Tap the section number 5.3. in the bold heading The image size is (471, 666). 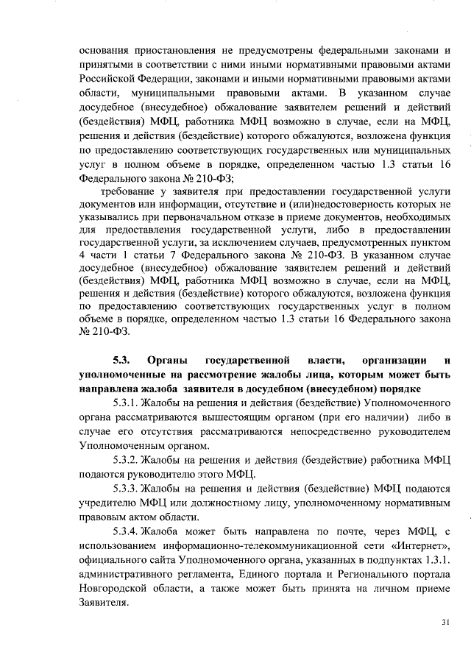click(x=121, y=360)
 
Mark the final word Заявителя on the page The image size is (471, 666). click(x=102, y=601)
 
